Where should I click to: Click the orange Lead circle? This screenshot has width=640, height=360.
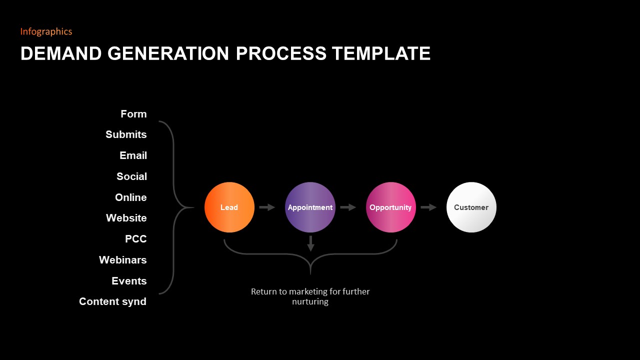tap(229, 207)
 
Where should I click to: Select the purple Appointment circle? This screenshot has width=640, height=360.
tap(310, 207)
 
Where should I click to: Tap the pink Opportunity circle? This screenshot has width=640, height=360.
tap(390, 207)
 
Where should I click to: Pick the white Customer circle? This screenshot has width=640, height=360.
tap(471, 207)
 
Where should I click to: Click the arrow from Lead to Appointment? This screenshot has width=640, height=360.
tap(267, 207)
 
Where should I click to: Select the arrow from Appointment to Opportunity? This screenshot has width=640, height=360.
tap(348, 207)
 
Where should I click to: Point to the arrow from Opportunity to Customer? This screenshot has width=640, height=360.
tap(428, 207)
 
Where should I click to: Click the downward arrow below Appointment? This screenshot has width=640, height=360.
tap(310, 243)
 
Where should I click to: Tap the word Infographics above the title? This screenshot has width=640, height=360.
tap(46, 31)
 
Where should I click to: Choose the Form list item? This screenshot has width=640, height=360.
tap(133, 114)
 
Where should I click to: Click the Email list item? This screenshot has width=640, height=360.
tap(133, 155)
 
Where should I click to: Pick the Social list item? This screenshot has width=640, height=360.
tap(131, 176)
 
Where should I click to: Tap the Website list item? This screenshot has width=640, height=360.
tap(126, 218)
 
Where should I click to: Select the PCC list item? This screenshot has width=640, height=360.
tap(135, 239)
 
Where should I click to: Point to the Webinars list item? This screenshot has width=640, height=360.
tap(122, 260)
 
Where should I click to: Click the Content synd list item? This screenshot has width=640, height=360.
tap(112, 301)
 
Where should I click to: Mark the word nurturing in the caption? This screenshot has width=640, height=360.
tap(310, 302)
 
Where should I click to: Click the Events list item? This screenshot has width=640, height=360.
tap(129, 281)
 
